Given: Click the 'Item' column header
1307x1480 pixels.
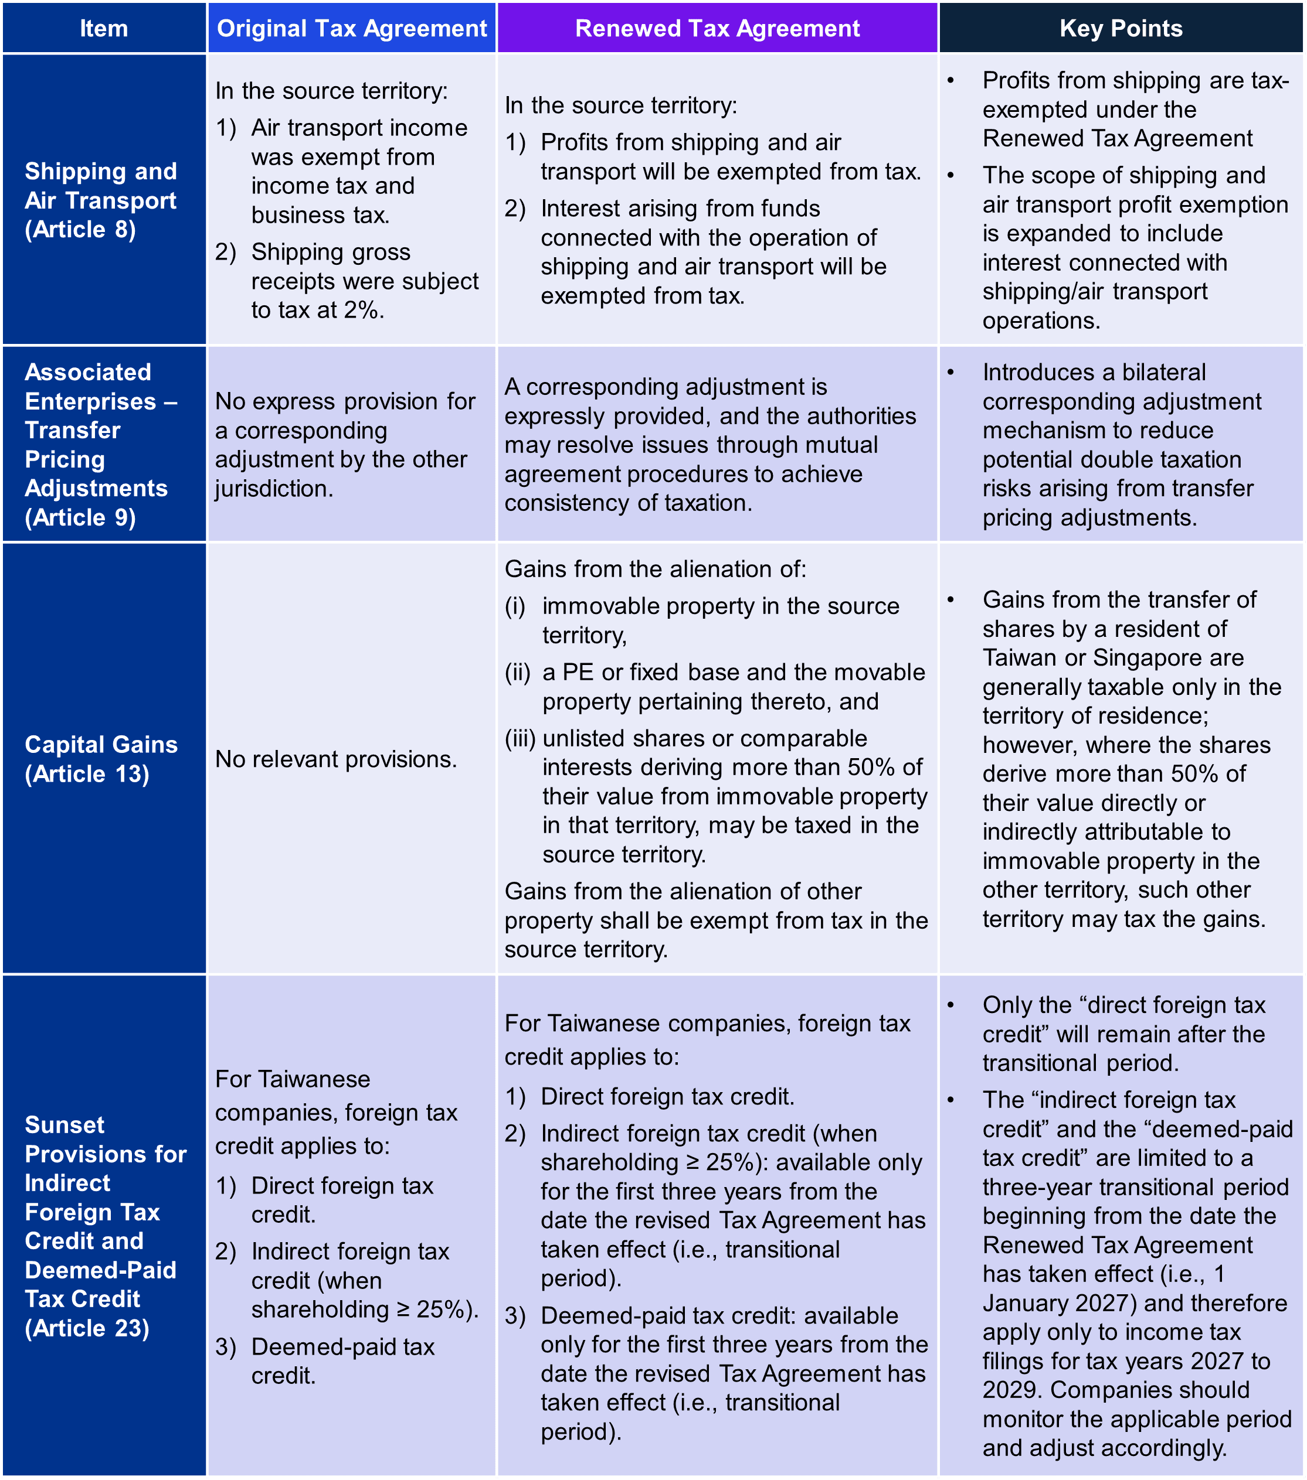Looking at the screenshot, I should coord(104,28).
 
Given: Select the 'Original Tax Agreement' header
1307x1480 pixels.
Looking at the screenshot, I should coord(352,28).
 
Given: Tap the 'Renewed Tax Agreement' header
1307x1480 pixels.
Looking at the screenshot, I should coord(717,28).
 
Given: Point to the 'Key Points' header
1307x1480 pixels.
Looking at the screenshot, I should coord(1121,28).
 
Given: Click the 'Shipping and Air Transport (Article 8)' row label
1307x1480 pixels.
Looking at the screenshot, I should coord(101,200).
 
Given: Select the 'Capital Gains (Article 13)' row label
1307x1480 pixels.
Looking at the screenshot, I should coord(101,759).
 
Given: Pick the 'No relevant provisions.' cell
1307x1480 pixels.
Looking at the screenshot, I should coord(336,759).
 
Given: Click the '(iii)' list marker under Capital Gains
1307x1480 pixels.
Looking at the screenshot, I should coord(520,738).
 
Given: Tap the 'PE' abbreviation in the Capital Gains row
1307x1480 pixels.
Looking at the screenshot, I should coord(578,672).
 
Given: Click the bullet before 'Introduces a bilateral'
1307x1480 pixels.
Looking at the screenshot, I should coord(950,372).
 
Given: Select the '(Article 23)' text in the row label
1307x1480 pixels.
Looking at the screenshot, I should coord(87,1328).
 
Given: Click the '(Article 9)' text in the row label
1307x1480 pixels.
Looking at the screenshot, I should coord(80,518).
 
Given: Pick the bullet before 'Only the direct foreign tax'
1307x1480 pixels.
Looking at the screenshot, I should coord(950,1005).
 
